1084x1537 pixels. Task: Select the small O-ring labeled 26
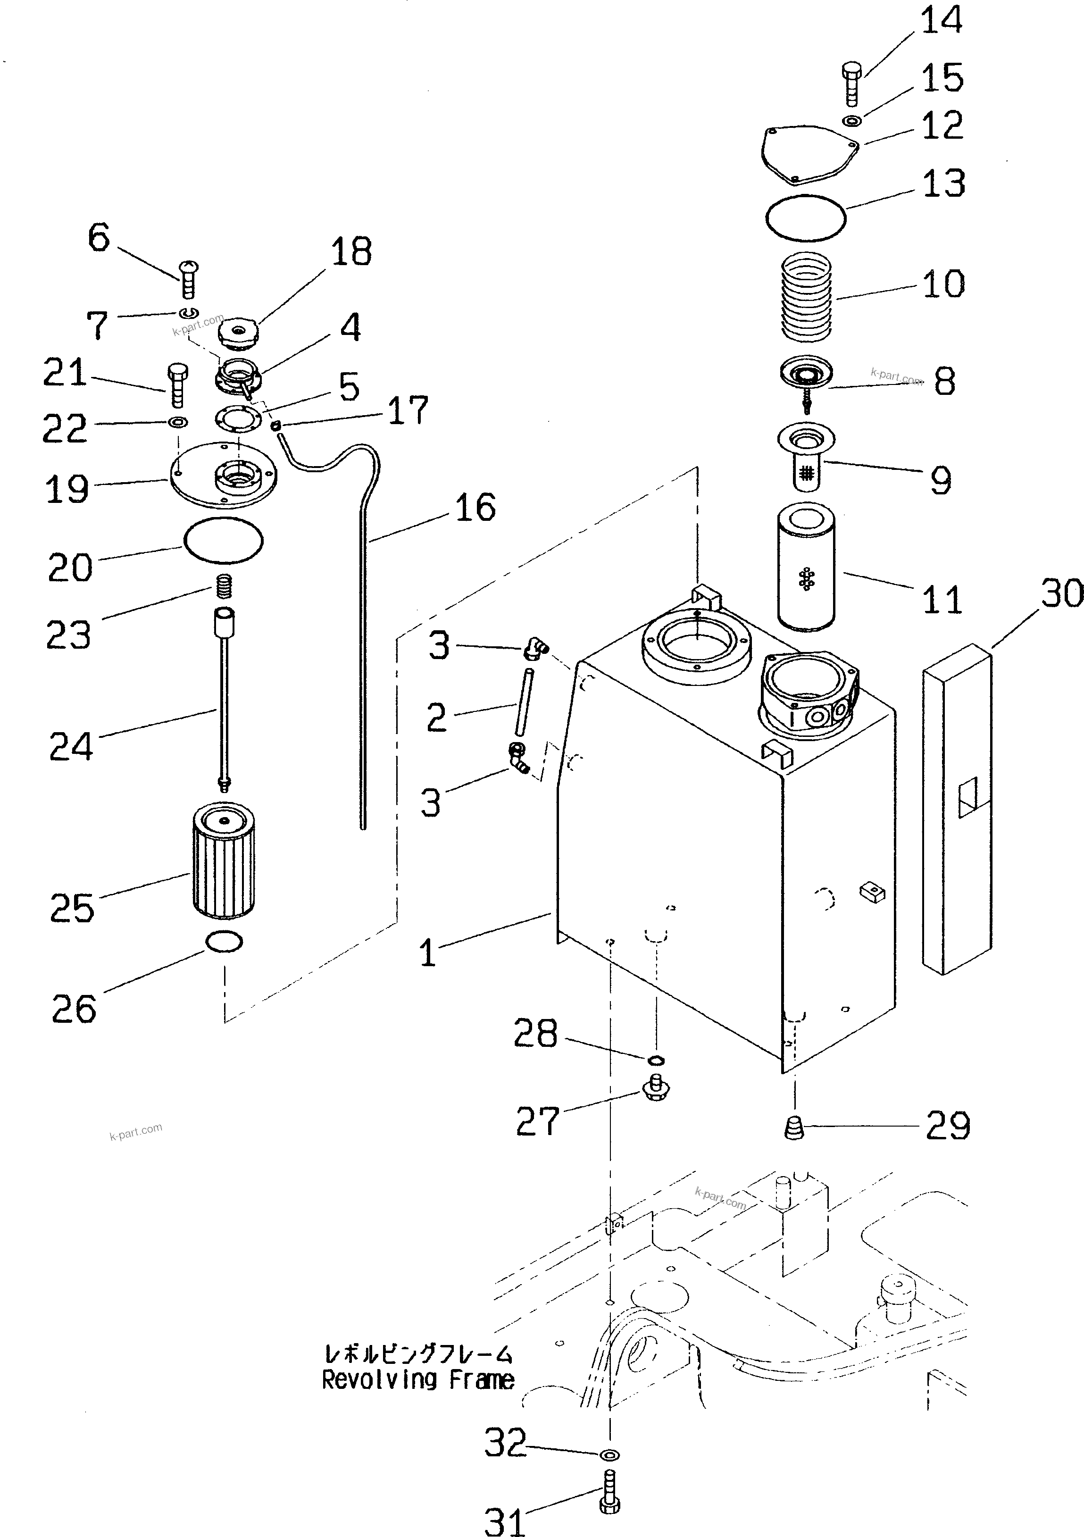pyautogui.click(x=224, y=942)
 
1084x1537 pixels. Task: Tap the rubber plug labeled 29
pyautogui.click(x=793, y=1128)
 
